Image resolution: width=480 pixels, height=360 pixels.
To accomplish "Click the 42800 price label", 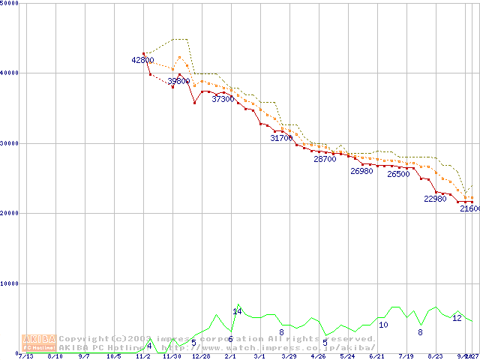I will click(x=142, y=60).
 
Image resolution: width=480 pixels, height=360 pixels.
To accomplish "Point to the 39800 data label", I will click(x=178, y=81).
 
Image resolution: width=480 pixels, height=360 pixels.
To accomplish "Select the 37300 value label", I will click(x=223, y=99).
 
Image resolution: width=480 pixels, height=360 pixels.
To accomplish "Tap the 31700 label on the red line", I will click(x=282, y=138).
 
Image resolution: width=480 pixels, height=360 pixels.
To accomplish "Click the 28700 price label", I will click(x=325, y=159).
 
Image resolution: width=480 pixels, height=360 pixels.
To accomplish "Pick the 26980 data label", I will click(x=361, y=171).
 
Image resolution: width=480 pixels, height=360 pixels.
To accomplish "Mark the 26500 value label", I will click(x=398, y=174).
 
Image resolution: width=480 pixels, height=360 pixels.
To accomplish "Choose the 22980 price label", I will click(x=435, y=199).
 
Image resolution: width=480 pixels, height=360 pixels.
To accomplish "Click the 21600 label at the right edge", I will click(x=470, y=209).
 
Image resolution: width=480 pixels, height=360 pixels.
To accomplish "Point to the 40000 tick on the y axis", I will click(x=10, y=73).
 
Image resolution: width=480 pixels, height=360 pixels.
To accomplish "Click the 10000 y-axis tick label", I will click(x=10, y=283).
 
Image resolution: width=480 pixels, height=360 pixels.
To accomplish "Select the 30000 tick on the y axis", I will click(x=10, y=143).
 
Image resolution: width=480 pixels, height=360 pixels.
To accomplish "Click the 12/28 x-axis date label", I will click(x=201, y=356).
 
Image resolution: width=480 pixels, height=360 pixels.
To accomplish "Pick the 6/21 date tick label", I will click(x=376, y=356).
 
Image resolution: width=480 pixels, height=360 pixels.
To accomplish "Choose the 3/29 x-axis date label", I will click(x=289, y=356).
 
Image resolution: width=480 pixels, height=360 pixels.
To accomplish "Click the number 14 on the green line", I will click(x=237, y=311).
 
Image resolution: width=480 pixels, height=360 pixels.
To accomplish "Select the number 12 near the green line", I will click(x=457, y=318).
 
